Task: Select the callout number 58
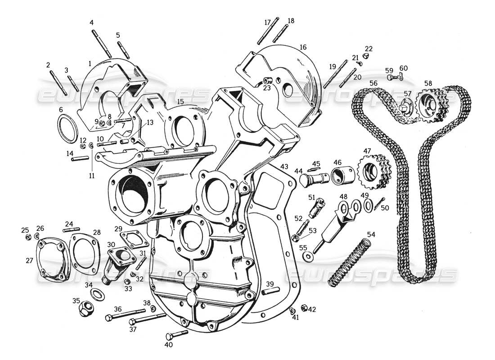(x=427, y=83)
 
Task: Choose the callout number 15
(x=180, y=102)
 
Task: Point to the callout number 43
(x=284, y=166)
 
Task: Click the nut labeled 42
(x=304, y=308)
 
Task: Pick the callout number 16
(x=302, y=47)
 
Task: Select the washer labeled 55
(x=307, y=256)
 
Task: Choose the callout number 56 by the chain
(x=373, y=83)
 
